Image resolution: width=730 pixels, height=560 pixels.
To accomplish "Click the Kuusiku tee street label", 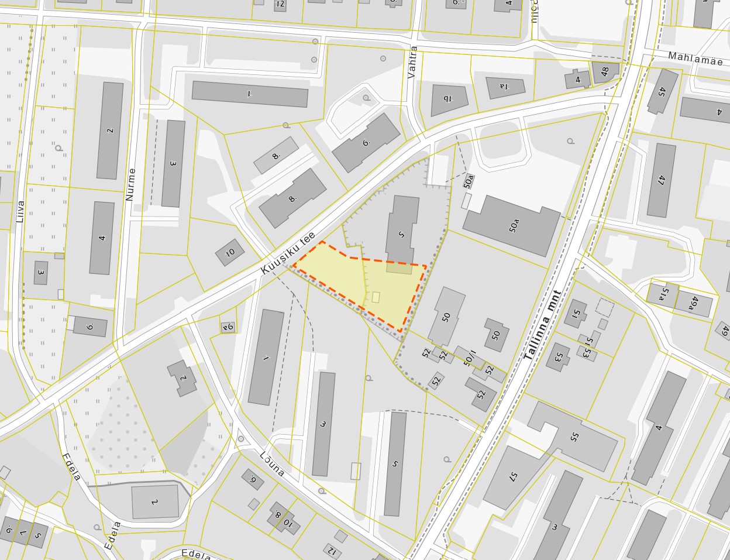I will (288, 252).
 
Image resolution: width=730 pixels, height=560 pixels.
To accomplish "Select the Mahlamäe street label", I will (695, 60).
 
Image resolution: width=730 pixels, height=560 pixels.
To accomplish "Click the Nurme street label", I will (130, 184).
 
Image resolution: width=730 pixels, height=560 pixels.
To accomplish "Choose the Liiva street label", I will (21, 211).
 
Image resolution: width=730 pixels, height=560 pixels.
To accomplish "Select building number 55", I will (573, 436).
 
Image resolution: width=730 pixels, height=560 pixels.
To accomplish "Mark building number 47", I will (661, 180).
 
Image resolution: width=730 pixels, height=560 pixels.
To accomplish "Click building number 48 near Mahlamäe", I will (604, 71).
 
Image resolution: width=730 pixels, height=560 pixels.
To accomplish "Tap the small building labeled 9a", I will (228, 327).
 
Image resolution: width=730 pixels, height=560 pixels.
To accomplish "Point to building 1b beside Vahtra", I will (449, 99).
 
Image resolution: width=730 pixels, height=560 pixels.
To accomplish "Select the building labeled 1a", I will (504, 87).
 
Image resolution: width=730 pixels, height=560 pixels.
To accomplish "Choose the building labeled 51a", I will (662, 293).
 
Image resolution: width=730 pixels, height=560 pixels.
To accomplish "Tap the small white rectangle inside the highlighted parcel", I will (376, 297).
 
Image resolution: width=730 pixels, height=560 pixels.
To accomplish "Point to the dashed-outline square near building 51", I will (605, 308).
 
